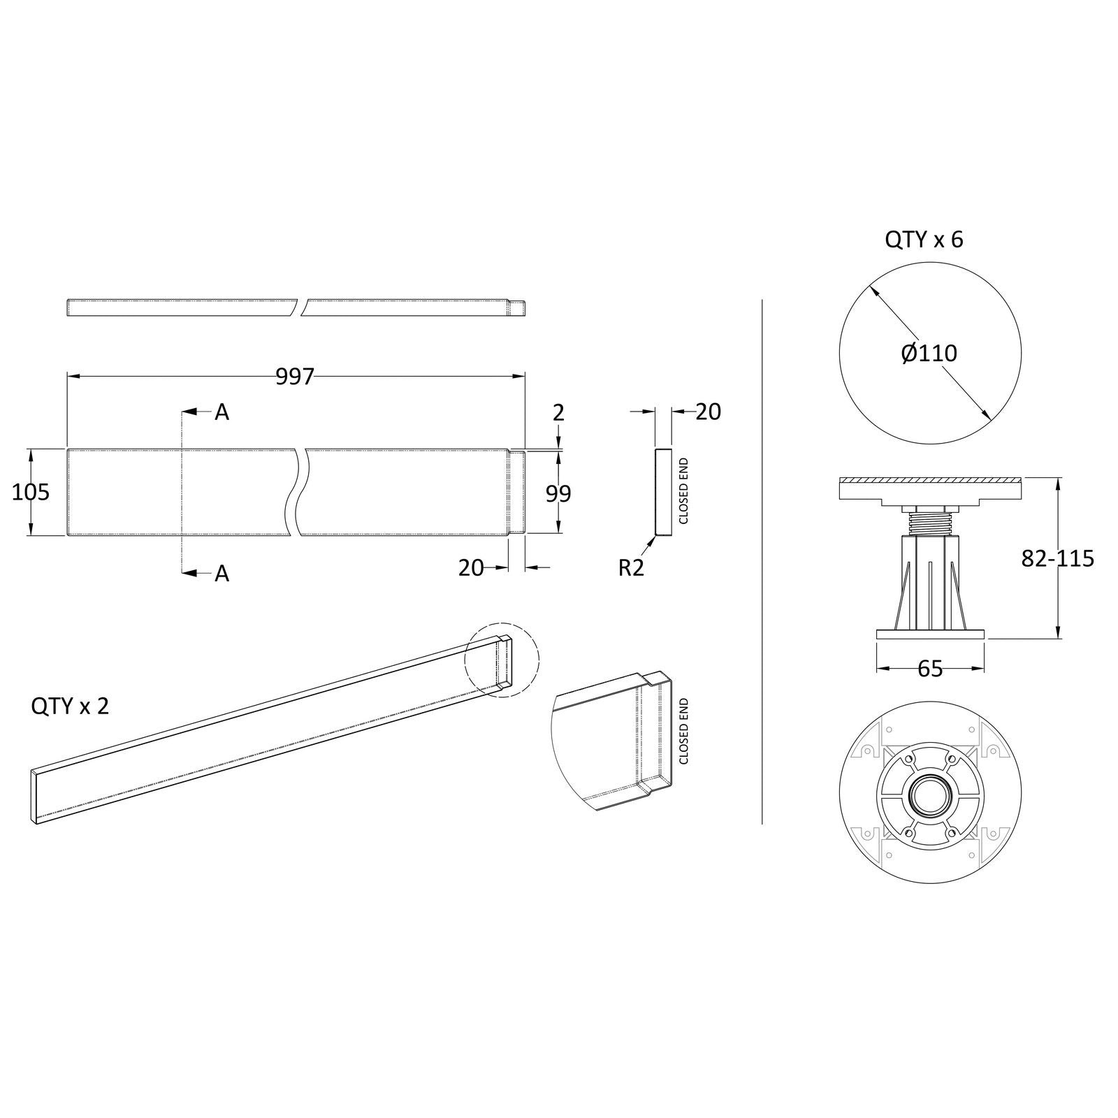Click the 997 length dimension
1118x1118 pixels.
296,377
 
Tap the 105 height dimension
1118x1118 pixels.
31,492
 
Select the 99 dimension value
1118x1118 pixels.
558,493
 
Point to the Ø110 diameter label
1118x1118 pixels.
929,354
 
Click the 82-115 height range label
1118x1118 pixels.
1057,558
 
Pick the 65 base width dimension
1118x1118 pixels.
930,669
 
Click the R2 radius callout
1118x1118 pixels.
631,568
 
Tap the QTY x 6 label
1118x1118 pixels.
924,240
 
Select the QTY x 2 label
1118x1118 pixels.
70,706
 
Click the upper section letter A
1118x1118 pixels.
222,412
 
